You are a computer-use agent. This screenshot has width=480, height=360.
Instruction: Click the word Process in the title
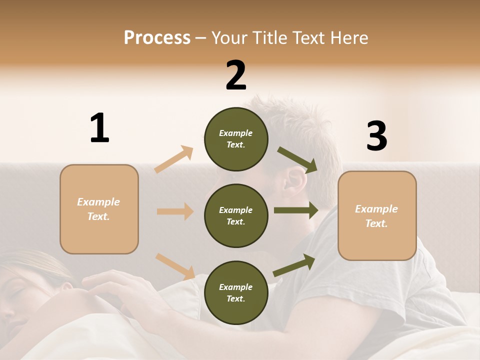coord(157,37)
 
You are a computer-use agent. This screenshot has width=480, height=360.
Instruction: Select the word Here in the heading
coord(349,37)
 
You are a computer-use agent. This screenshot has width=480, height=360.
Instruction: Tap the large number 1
coord(99,128)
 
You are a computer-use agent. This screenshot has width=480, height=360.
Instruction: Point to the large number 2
coord(236,75)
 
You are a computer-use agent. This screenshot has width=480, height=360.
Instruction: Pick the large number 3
coord(376,136)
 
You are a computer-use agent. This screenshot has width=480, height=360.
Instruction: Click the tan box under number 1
coord(99,209)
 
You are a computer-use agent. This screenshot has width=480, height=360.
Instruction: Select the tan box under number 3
coord(377,215)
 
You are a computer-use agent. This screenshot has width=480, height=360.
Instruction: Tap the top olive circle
coord(236,139)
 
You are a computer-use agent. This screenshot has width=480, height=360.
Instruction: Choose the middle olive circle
coord(236,215)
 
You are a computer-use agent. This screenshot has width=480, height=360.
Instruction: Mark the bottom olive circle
coord(236,292)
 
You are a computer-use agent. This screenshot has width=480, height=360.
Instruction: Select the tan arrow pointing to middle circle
coord(175,211)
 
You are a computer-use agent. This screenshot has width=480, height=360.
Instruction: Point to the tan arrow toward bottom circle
coord(175,266)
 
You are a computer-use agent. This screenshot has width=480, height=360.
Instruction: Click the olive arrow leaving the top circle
coord(297,159)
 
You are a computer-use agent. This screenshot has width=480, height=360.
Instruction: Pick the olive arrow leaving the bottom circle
coord(294,265)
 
